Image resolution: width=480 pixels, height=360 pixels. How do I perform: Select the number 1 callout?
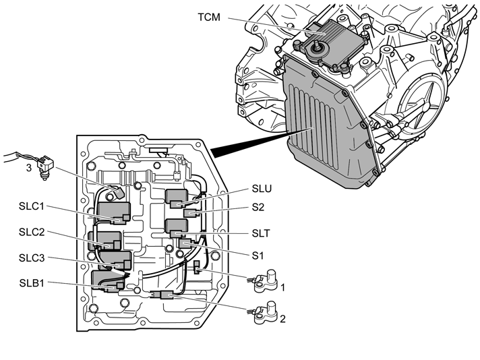click(284, 287)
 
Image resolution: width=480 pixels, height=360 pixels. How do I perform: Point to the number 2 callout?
click(284, 318)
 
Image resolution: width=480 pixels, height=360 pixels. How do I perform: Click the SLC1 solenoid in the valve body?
click(114, 211)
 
